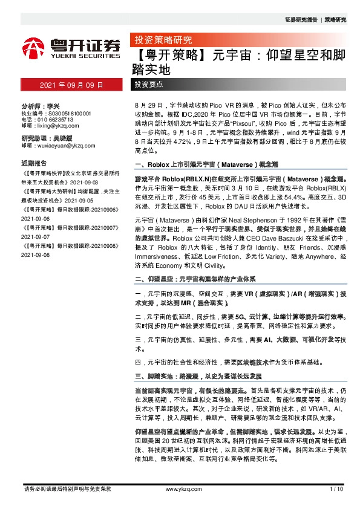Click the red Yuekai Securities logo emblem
click(x=33, y=49)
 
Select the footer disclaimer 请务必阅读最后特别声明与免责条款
click(x=67, y=488)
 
